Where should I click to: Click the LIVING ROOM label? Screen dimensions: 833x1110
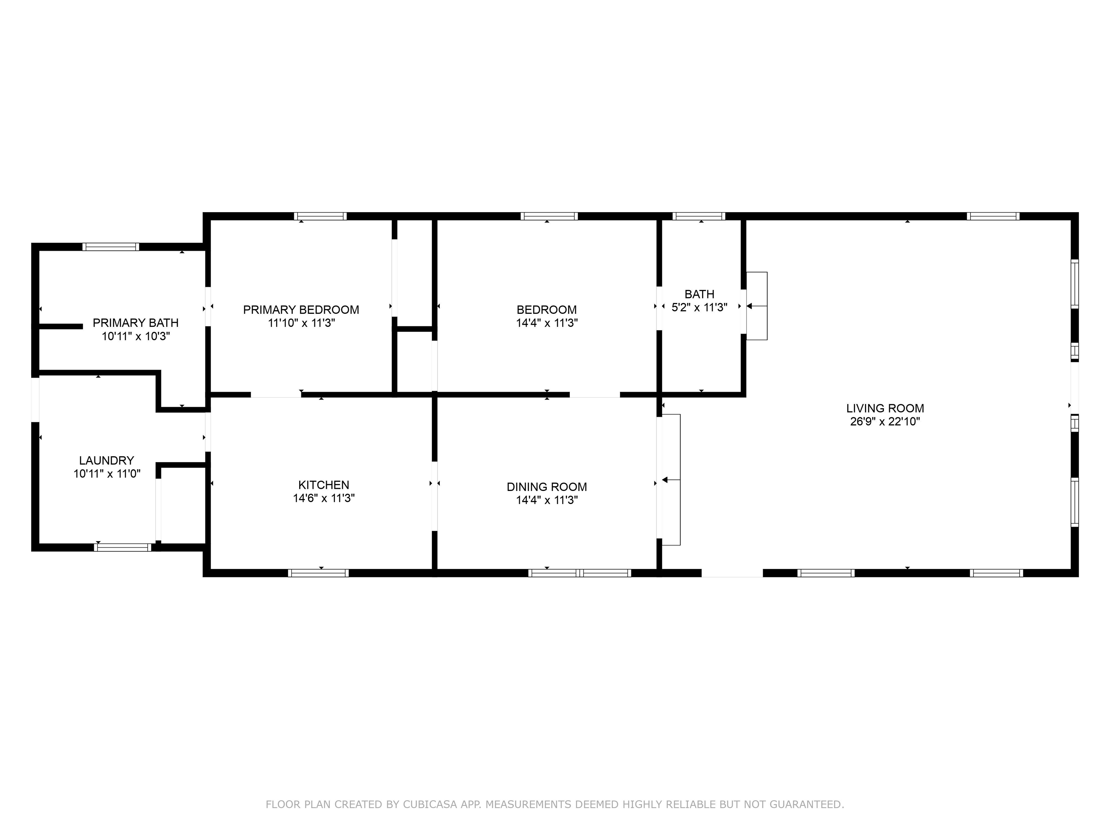click(885, 408)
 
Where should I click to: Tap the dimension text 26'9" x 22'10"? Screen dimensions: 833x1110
click(885, 422)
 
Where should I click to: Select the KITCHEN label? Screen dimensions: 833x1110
click(324, 484)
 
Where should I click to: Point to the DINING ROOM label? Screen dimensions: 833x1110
click(546, 487)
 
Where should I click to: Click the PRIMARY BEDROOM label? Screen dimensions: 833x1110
click(301, 310)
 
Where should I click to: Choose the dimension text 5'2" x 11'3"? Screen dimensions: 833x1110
click(699, 307)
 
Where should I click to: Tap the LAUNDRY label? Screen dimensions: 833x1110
click(106, 461)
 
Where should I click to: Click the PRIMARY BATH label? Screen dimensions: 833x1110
click(135, 323)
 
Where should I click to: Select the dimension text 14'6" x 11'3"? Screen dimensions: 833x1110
click(324, 498)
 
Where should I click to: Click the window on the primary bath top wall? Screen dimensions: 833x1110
click(111, 247)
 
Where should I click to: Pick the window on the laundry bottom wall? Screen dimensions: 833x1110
click(122, 547)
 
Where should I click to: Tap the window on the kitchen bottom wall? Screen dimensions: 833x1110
click(318, 573)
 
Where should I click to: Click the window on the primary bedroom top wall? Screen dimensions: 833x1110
click(320, 217)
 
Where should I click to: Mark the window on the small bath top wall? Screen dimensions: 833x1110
click(698, 217)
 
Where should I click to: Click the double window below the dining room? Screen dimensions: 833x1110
click(580, 573)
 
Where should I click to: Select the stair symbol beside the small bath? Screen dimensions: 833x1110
click(756, 306)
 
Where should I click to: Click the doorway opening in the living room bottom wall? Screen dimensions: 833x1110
click(732, 573)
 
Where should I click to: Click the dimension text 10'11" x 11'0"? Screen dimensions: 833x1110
click(106, 474)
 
